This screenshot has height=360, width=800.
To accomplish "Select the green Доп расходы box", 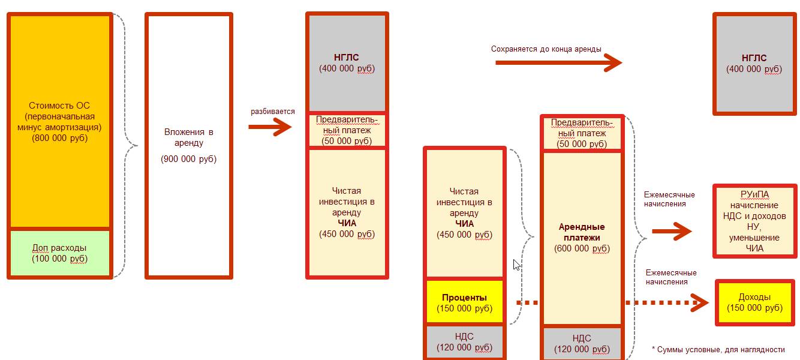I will pos(60,253).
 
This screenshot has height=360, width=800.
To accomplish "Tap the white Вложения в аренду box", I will pos(188,145).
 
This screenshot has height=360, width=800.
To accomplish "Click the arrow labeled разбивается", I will pos(270,127).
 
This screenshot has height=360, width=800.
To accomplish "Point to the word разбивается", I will pos(272,112).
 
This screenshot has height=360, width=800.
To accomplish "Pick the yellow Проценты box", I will pos(464,303).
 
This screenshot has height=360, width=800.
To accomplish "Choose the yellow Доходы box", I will pos(754,302).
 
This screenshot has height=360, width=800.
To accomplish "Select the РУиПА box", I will pos(754,221).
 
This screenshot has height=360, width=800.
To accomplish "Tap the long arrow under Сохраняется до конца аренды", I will pos(558,62).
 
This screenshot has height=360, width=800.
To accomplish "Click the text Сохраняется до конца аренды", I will pos(546,49).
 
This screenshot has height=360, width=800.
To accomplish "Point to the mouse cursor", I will pos(516,265).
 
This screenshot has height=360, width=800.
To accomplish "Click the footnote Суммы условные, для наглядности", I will pos(718,349).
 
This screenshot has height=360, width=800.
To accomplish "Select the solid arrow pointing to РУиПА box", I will pos(672,231).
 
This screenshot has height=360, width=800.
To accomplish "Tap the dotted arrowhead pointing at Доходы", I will pos(699,303).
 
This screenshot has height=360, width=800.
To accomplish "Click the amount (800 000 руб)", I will pos(60,138).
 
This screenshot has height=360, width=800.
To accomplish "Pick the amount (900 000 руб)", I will pos(188,159).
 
